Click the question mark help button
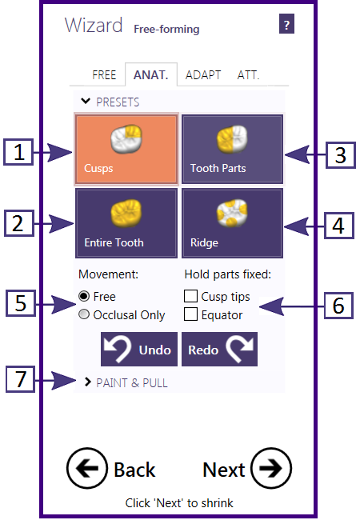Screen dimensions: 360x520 tap(286, 24)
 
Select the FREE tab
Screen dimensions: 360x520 tap(104, 75)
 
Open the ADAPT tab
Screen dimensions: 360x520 tap(203, 75)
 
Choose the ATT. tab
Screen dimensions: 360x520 tap(248, 75)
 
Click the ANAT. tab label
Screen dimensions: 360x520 tap(151, 75)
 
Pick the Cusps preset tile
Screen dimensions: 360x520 tap(126, 149)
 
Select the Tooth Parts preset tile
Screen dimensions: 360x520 tap(232, 149)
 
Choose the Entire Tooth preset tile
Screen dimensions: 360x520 tap(126, 223)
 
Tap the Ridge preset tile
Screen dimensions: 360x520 tap(232, 223)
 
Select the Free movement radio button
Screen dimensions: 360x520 tap(84, 296)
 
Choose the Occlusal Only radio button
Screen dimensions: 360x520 tap(84, 314)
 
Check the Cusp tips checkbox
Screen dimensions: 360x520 tap(190, 296)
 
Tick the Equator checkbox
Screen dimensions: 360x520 tap(190, 314)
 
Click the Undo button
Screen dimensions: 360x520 tap(139, 350)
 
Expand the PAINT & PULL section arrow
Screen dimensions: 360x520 tap(87, 382)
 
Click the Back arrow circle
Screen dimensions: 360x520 tap(87, 468)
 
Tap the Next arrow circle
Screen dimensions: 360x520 tap(271, 468)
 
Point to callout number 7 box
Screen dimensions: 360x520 tap(21, 379)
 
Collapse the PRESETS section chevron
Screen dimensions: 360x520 tap(86, 101)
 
